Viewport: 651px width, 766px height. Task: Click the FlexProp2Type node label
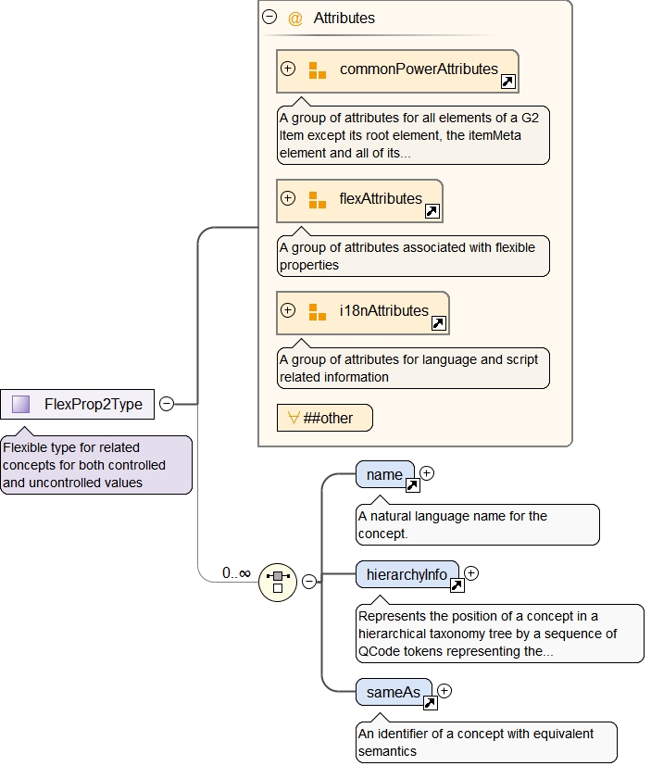point(93,404)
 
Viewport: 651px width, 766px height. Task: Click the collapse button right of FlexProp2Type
point(166,404)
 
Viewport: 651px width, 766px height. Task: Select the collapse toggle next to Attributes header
point(269,17)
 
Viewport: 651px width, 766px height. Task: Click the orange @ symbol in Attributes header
point(295,19)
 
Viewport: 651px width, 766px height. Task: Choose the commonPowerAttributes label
point(419,69)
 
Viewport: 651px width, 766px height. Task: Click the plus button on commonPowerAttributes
point(288,69)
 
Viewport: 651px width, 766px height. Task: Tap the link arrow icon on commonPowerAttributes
point(507,82)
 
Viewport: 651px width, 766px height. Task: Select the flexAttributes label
point(381,198)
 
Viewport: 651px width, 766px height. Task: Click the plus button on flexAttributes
point(288,198)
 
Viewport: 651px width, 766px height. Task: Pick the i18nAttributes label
point(383,310)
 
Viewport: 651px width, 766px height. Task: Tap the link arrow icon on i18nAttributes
point(439,323)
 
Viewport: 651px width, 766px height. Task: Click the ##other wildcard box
point(324,418)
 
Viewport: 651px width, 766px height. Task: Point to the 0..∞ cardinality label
point(236,573)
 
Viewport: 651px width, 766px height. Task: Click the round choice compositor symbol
point(277,581)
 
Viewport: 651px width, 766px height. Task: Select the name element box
point(383,474)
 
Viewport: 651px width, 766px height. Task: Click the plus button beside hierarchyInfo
point(471,573)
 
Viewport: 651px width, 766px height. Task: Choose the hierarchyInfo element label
point(407,575)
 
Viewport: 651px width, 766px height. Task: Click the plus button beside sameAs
point(444,690)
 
